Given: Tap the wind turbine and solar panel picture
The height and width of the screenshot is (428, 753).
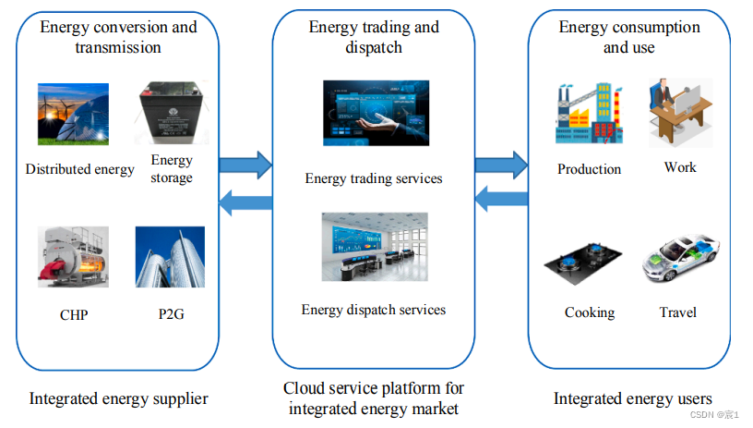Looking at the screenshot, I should [x=73, y=115].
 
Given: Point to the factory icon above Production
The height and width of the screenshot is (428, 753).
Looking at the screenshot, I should [x=589, y=115].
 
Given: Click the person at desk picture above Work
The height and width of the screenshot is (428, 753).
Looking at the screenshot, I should [x=680, y=113].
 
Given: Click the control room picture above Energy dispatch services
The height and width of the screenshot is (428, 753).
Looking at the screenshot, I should [x=374, y=246].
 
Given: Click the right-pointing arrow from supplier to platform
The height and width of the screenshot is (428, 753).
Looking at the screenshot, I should [x=245, y=165].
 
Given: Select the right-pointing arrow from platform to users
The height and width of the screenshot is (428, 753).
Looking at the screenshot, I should [x=500, y=165].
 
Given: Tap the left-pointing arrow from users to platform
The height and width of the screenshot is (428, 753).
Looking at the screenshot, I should [x=500, y=197].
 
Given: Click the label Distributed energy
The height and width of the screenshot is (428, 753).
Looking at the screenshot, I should [x=79, y=169].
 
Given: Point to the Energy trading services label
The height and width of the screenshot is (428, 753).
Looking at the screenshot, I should [x=374, y=177].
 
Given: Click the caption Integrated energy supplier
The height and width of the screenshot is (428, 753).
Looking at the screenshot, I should [x=118, y=399].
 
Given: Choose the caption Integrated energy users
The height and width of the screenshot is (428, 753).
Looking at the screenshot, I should [x=632, y=399].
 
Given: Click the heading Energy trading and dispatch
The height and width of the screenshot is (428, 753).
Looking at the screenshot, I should [x=374, y=36].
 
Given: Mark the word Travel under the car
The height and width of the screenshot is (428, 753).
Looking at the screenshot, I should [x=677, y=312].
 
